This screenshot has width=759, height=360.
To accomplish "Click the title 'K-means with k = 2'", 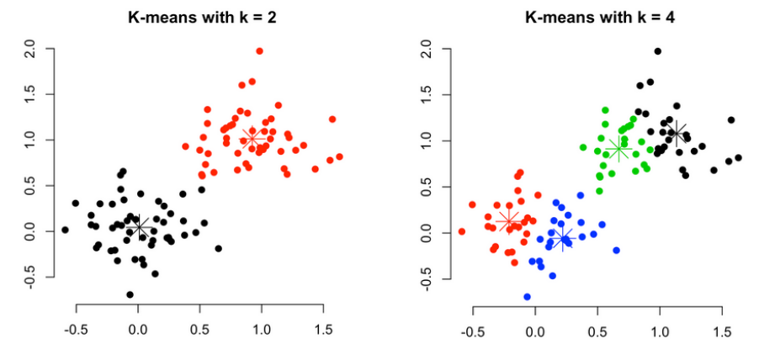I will click(x=201, y=16).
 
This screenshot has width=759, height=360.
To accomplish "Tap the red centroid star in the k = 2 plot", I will click(x=251, y=139).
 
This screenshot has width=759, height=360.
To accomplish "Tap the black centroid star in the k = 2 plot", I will click(x=140, y=228).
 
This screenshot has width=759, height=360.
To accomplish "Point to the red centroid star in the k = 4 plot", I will click(x=508, y=220).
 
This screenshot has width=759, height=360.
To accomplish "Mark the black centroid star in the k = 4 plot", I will click(x=675, y=133).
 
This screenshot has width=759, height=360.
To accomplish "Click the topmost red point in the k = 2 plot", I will click(x=260, y=51).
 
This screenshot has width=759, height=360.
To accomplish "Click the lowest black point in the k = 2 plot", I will click(x=130, y=294).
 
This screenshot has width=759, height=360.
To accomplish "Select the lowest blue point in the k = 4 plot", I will click(x=527, y=297).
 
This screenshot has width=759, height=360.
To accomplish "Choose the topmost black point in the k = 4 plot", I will click(x=657, y=51).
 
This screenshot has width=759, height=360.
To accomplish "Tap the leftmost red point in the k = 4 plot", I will click(x=461, y=231).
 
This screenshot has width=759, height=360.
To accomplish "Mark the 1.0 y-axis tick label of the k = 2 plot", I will click(x=31, y=140).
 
